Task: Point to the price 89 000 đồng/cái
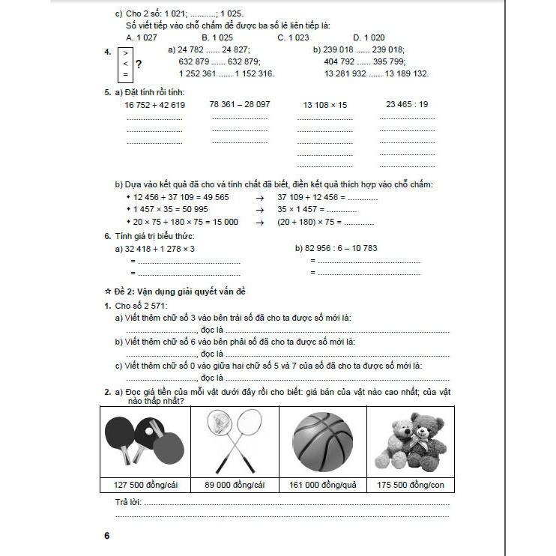point(234,485)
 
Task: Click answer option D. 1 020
point(369,37)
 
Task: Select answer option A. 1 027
point(141,37)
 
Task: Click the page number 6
point(107,536)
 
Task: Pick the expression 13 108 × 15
point(325,105)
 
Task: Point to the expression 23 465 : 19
point(407,104)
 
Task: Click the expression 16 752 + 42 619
point(155,105)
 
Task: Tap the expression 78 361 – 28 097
point(240,104)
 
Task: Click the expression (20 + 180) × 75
point(309,222)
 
